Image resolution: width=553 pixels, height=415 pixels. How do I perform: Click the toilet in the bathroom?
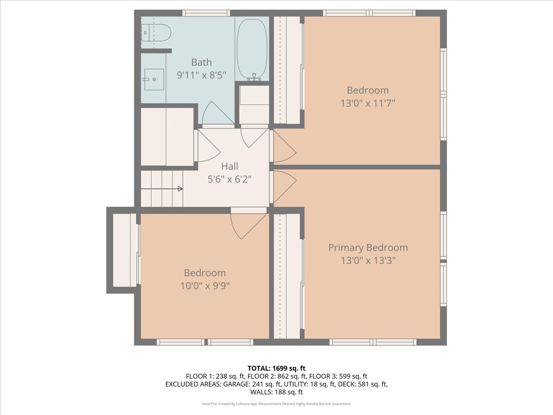(156, 33)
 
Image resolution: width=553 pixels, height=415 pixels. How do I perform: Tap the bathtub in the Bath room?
(252, 49)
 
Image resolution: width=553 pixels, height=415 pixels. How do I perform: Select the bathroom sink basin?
(154, 79)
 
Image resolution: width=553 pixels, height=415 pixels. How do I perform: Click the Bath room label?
(201, 62)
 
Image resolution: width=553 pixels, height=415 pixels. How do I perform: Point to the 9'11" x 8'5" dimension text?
(201, 75)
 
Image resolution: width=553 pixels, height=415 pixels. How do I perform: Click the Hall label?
(229, 166)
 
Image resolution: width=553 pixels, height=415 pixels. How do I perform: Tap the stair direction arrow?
(161, 189)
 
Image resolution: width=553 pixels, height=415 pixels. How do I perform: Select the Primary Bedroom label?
(368, 248)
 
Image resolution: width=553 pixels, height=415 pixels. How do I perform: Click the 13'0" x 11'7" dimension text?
(368, 103)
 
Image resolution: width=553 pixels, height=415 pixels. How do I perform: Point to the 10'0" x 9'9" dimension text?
(205, 286)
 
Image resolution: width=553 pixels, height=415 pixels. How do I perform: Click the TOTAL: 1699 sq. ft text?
(276, 368)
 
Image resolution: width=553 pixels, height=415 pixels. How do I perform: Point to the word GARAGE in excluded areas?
(235, 384)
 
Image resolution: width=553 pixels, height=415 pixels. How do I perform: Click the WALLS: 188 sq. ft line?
(276, 392)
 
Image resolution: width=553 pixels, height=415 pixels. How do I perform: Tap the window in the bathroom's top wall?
(206, 13)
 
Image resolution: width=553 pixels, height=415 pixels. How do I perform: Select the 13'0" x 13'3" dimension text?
(368, 260)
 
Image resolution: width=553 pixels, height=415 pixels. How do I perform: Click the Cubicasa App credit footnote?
(276, 403)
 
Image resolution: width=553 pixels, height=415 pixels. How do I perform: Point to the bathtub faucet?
(254, 77)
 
